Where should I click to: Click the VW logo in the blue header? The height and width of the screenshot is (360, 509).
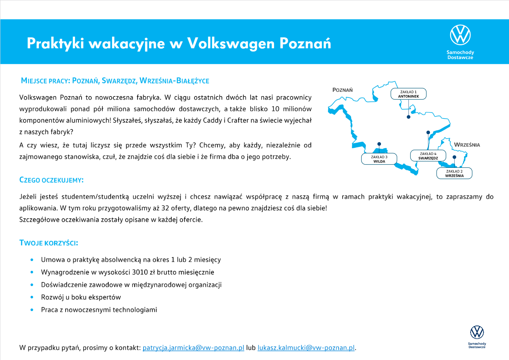coord(460,35)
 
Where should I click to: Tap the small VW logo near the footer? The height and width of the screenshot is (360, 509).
coord(477,332)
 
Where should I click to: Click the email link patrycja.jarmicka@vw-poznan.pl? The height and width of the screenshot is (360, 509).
coord(193,348)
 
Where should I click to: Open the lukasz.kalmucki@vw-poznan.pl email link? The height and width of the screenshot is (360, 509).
coord(306,348)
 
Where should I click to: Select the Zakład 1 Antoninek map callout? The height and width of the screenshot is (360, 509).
coord(408,94)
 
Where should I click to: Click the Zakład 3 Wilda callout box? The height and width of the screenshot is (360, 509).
coord(379,159)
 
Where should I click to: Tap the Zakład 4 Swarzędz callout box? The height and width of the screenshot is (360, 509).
coord(428,156)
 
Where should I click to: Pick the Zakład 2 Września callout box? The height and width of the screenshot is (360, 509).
coord(454,173)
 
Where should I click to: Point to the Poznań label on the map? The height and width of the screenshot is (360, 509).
coord(342,90)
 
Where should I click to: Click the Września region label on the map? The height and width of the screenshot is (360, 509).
coord(467,145)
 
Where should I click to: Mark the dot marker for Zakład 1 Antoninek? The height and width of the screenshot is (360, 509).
coord(409,117)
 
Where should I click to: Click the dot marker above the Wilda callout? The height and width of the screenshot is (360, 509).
coord(379,144)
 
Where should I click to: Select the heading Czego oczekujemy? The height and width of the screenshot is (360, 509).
coord(51,180)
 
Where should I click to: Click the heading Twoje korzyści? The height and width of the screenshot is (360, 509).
coord(49,243)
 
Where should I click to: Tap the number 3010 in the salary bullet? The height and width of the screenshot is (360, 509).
coord(140,272)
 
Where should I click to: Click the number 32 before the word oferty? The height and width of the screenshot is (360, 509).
coord(165,208)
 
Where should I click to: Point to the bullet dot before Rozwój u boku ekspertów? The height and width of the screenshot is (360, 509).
coord(32,297)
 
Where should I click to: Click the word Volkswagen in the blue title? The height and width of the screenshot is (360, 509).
coord(231,44)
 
